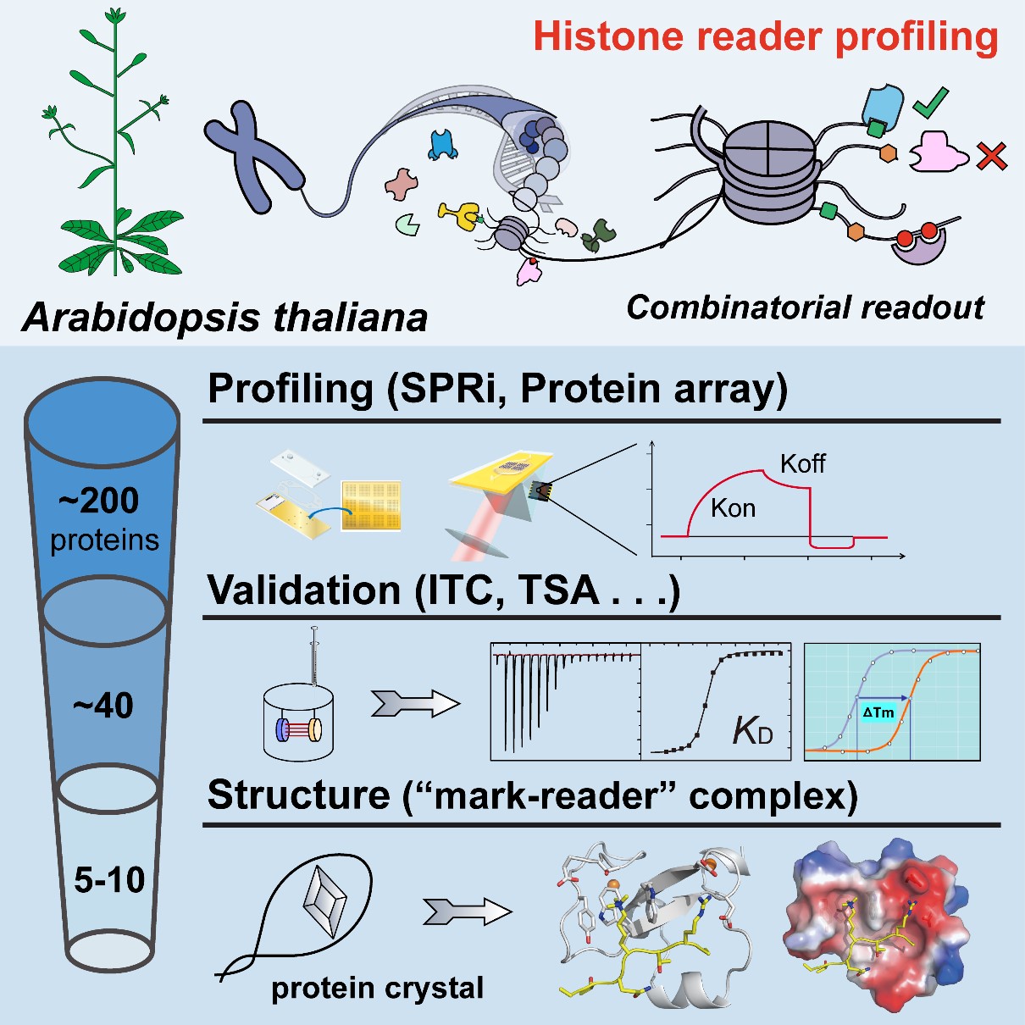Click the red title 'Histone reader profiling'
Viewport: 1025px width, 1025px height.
pos(766,37)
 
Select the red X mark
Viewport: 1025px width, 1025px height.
pos(991,156)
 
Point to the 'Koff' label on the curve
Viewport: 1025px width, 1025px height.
pos(802,463)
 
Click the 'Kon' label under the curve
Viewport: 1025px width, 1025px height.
pos(733,507)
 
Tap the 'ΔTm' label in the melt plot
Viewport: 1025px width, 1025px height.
pos(878,712)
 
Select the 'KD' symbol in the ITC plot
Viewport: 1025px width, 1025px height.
pos(753,731)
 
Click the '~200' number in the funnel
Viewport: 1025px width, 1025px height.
pos(99,501)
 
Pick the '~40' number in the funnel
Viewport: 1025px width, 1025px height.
pos(103,705)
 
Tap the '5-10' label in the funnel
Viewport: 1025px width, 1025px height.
pos(109,881)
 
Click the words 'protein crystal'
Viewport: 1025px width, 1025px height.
pos(377,988)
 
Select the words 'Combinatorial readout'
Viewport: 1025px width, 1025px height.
pos(805,307)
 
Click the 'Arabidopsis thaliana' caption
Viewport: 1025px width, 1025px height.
pos(224,318)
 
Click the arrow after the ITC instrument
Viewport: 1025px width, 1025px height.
pos(414,702)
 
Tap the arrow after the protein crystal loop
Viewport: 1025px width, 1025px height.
pos(467,911)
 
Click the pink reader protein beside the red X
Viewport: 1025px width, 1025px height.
pos(937,153)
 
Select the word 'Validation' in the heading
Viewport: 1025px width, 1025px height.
pos(304,590)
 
